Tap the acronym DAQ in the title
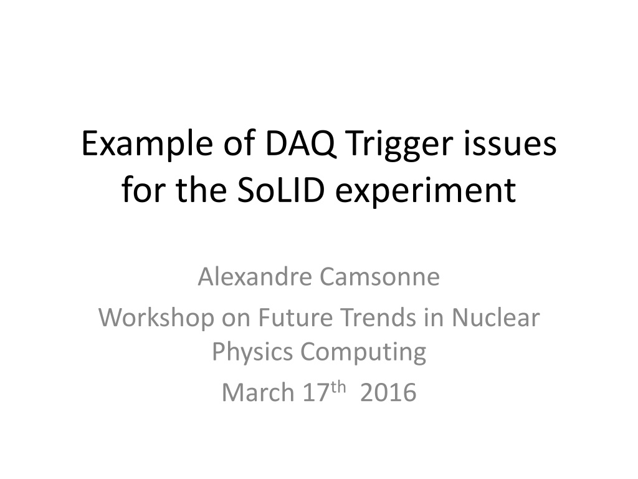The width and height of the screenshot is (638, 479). tap(301, 144)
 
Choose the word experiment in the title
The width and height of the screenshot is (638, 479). tap(426, 192)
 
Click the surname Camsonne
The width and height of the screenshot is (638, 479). tap(379, 277)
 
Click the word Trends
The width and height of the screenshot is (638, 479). tap(379, 317)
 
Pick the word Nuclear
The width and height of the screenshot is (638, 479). tap(495, 317)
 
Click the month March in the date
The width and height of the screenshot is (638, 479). tap(258, 392)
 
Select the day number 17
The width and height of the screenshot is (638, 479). tap(315, 392)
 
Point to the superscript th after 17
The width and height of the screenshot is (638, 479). tap(338, 387)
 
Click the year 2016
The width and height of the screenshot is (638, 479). tap(388, 393)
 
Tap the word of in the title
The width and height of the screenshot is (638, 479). tap(239, 144)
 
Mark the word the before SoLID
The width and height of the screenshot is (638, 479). tap(201, 190)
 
